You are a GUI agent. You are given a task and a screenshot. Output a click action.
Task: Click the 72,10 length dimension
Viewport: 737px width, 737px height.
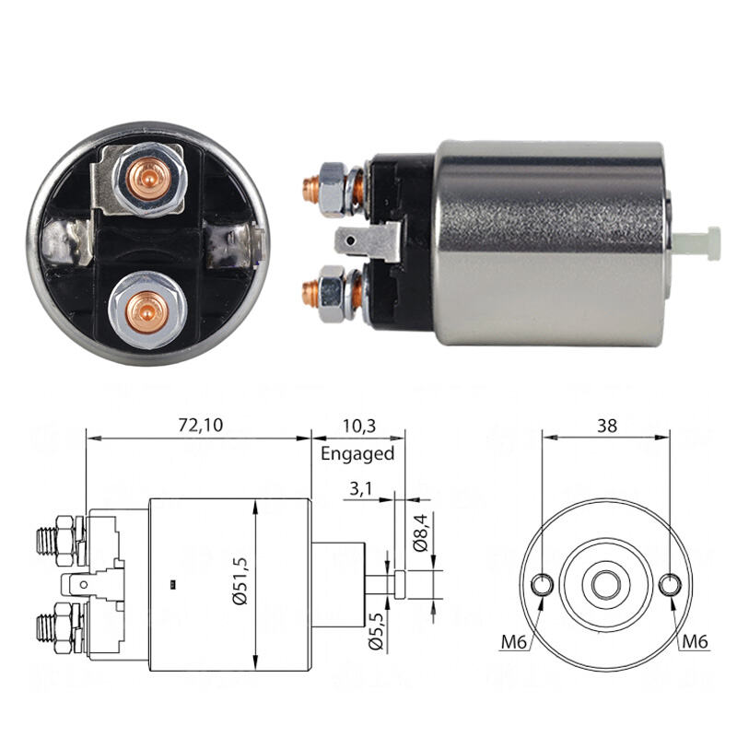pos(201,425)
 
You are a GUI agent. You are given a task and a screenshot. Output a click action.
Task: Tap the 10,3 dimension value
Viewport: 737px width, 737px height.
pos(359,426)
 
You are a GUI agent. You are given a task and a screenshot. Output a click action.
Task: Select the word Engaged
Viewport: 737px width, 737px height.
pos(357,454)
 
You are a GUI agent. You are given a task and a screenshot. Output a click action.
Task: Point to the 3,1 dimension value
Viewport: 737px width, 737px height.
pos(360,489)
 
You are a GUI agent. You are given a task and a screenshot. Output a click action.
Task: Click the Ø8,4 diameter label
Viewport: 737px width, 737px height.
pos(421,532)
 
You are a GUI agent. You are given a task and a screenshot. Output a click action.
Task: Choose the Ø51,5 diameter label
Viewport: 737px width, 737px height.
pos(240,581)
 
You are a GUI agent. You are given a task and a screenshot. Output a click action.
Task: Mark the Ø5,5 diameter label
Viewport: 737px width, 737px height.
pos(377,631)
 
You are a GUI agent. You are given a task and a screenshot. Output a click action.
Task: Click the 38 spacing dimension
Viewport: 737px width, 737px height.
pos(607,426)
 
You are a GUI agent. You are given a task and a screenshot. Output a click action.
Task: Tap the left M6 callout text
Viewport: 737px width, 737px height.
pos(514,641)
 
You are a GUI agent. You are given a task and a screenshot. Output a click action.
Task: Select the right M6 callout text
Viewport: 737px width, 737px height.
pos(696,640)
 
